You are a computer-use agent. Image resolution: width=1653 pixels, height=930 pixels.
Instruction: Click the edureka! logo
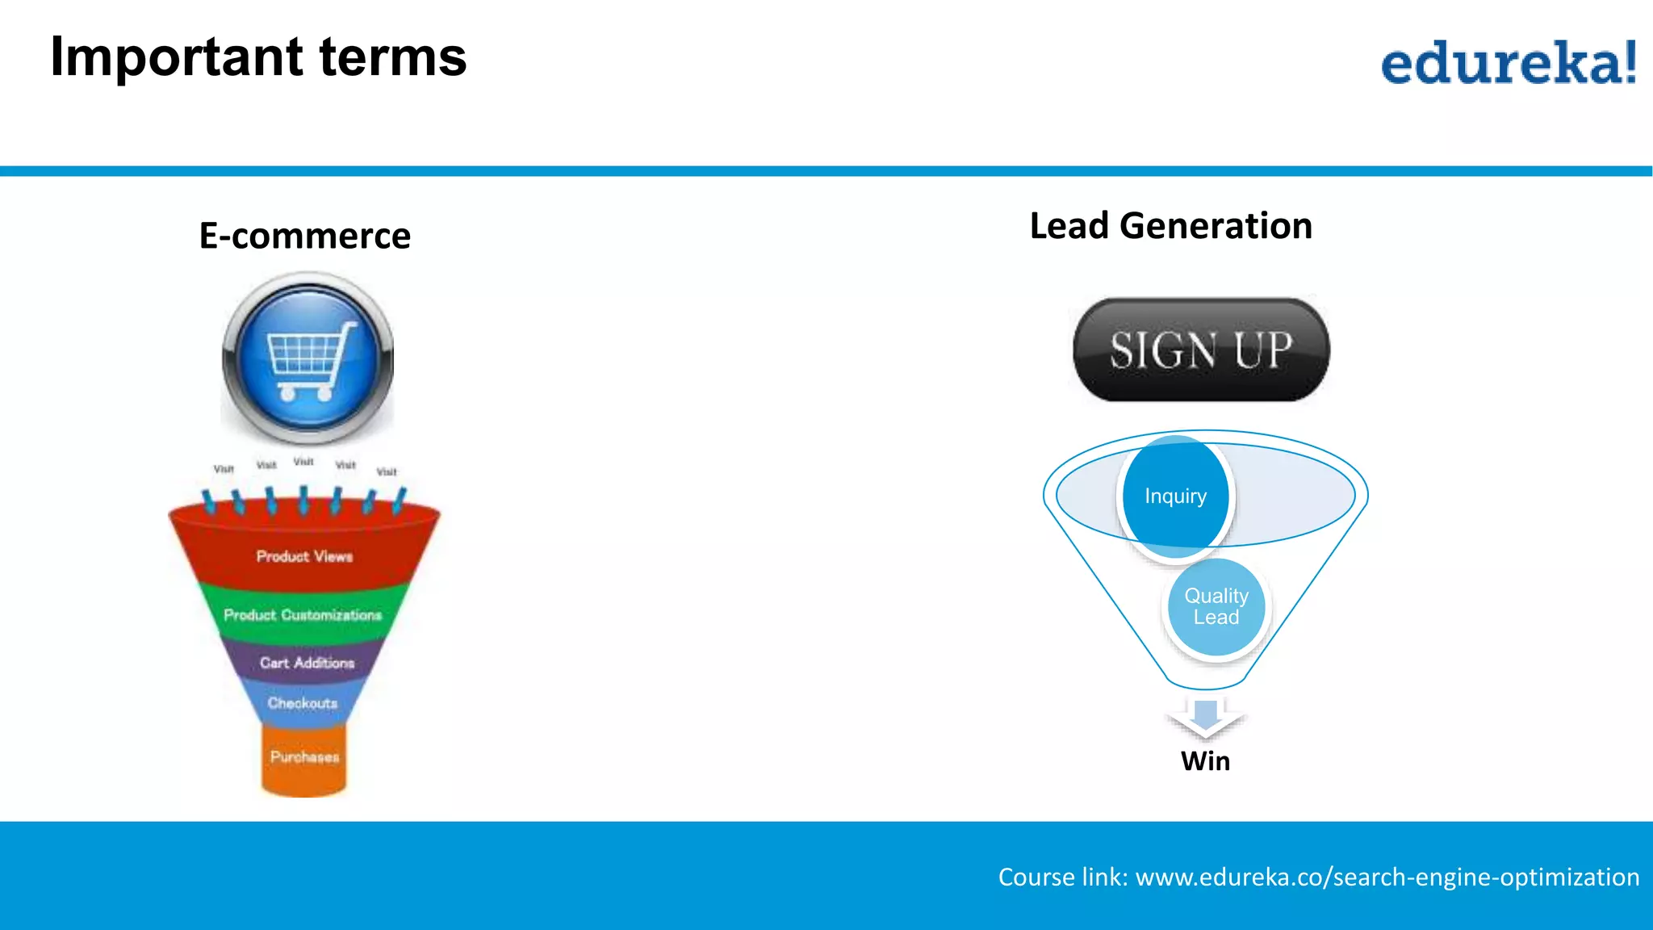(1508, 62)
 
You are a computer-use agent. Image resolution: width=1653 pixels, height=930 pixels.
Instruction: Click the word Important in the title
(176, 58)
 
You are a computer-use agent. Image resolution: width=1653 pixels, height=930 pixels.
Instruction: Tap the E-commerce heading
(304, 236)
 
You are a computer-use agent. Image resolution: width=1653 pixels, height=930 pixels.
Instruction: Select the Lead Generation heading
(1170, 225)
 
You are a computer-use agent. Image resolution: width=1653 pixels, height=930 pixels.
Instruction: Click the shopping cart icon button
(308, 358)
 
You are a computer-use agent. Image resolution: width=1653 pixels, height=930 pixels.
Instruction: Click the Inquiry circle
(1175, 496)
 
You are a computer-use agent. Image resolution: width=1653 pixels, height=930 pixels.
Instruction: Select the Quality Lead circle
(1216, 606)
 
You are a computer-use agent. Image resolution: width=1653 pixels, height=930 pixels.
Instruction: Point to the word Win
(1205, 760)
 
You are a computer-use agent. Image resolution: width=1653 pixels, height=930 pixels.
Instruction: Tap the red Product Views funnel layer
(304, 556)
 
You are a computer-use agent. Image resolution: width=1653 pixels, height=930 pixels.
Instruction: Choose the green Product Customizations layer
(303, 615)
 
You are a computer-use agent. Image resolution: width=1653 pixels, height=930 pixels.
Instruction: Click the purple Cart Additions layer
(307, 663)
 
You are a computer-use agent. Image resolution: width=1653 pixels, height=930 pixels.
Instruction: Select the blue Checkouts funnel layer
(303, 703)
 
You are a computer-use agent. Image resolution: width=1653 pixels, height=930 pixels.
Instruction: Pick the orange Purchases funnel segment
(304, 757)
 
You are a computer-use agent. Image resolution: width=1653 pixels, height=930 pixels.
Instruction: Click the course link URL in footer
(1387, 877)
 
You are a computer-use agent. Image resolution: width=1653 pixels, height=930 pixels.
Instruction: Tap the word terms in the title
(392, 58)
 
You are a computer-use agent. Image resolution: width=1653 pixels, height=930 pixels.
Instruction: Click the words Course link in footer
(1061, 877)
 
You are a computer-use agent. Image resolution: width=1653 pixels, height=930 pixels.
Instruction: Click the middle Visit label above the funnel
(303, 462)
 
